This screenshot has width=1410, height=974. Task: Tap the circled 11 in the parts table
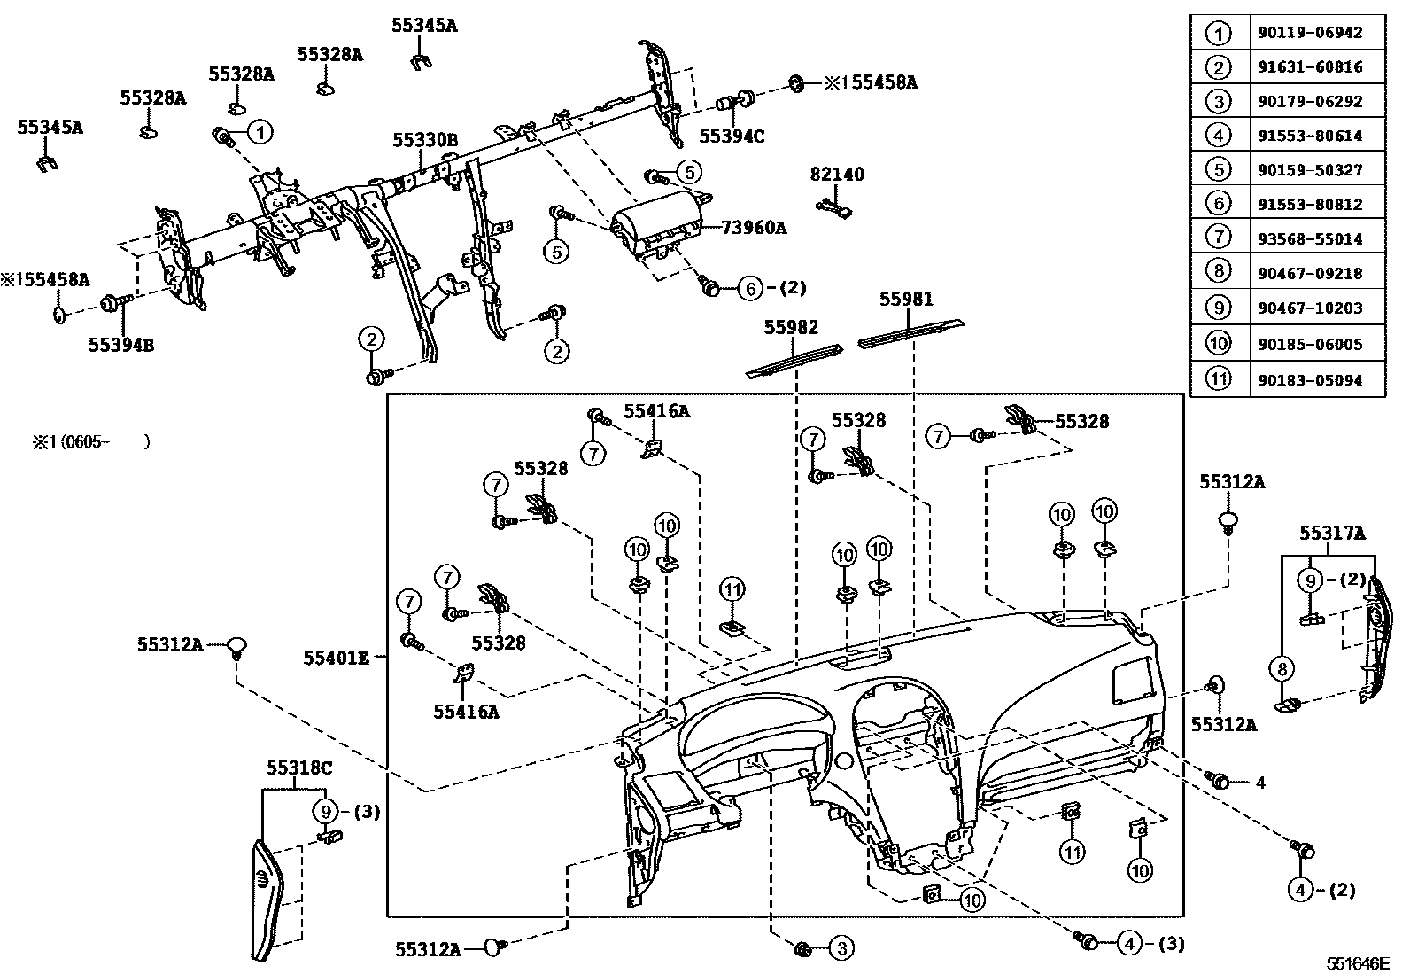(1219, 379)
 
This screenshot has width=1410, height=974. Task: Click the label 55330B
(425, 140)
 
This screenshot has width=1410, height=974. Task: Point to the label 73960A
(754, 228)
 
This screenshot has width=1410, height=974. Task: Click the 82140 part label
(836, 175)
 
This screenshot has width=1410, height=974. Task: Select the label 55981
(905, 300)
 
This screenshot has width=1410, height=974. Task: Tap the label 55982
(791, 328)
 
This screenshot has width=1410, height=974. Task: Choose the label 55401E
(336, 658)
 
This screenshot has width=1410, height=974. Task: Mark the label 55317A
(1332, 534)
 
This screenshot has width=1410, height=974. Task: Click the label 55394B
(120, 344)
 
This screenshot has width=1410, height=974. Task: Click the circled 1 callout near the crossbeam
(260, 132)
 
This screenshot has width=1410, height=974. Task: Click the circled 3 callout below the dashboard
(841, 949)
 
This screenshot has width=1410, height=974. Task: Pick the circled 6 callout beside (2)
(749, 287)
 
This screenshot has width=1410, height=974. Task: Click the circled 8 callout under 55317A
(1282, 666)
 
